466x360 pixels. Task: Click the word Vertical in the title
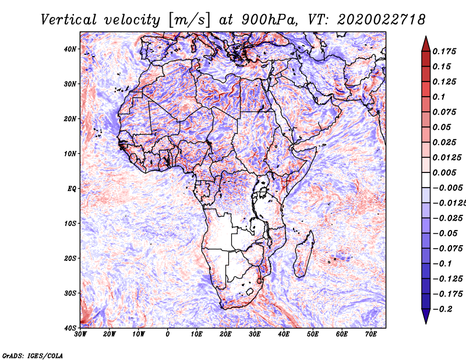69,20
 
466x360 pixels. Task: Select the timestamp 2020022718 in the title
382,20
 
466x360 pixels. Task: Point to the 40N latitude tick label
70,49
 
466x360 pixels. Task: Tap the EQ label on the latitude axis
72,189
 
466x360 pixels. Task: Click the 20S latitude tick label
70,259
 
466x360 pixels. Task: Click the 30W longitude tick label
80,334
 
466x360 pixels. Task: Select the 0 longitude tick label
168,334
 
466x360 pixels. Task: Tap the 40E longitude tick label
284,334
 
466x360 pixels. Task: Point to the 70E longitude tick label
371,334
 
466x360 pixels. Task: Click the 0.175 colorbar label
444,52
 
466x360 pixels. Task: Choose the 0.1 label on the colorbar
439,97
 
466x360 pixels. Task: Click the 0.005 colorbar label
444,172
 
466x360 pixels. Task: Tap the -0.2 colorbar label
443,309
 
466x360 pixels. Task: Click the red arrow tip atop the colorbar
426,37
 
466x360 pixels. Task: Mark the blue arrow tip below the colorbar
426,323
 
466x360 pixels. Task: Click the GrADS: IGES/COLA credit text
33,355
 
